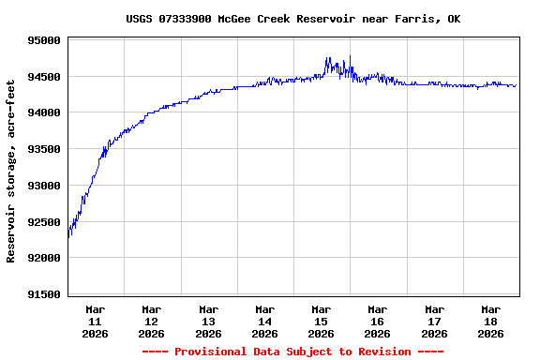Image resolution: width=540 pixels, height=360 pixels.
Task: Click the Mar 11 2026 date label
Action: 96,321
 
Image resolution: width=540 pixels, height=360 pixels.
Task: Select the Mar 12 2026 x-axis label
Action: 152,321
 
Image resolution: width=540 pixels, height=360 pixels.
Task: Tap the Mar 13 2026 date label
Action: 208,321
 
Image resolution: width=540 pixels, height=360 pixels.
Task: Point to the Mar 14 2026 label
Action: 265,321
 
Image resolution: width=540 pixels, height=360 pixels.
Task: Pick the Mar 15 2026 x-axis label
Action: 322,321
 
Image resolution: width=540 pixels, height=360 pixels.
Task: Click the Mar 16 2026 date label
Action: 378,321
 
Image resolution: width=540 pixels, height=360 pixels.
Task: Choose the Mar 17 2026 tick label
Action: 434,321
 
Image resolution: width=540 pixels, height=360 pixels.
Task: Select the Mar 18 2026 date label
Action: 491,321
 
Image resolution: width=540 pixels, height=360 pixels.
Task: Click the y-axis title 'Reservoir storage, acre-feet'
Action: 11,171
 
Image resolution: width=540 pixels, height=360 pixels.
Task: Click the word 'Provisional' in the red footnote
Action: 208,352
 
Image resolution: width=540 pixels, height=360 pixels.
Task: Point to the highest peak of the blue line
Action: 328,57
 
